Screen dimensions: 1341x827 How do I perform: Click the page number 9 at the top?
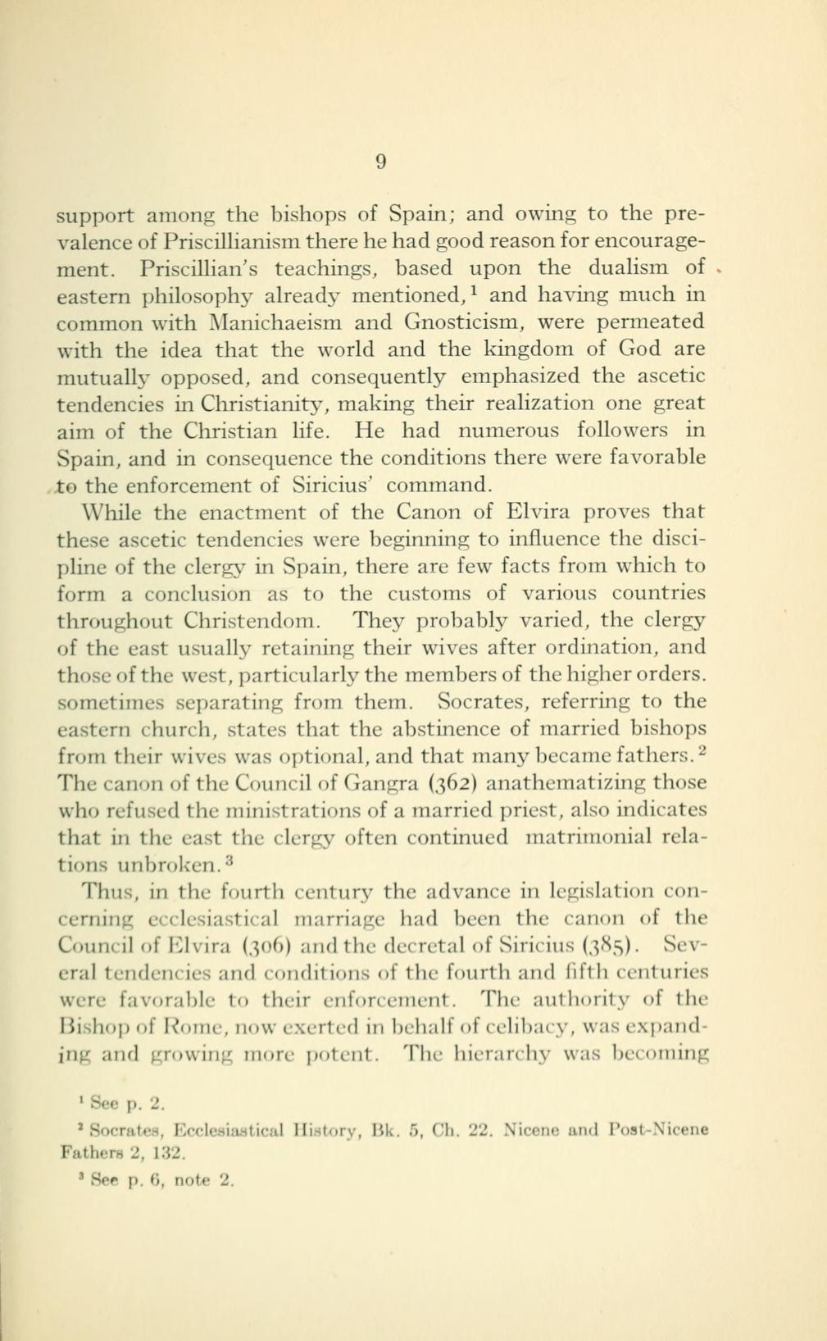(x=380, y=162)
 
